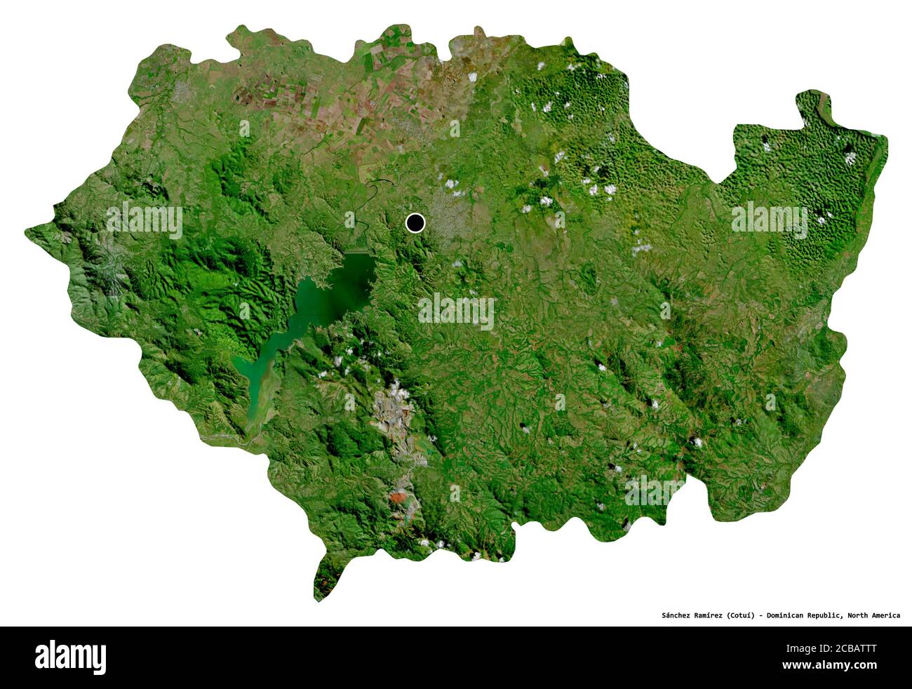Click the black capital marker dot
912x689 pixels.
(x=415, y=223)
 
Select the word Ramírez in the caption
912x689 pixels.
(x=716, y=615)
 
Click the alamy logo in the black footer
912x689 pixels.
(x=71, y=657)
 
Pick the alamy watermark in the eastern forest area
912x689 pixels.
(x=769, y=219)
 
